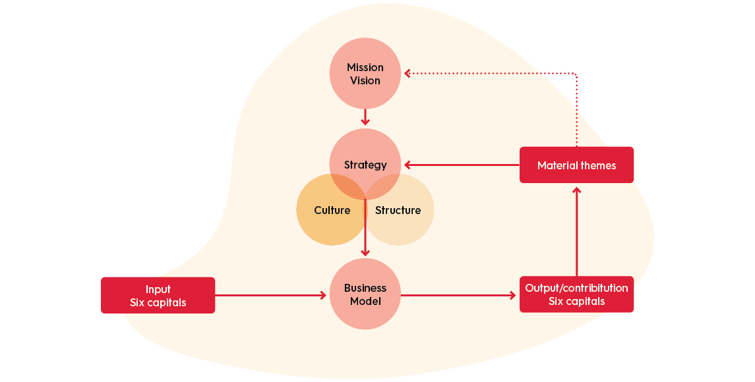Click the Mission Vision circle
(365, 74)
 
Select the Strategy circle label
(365, 165)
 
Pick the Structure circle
(402, 211)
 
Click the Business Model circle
(365, 294)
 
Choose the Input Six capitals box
(158, 295)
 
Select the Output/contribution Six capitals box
(576, 294)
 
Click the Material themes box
(576, 165)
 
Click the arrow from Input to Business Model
(270, 295)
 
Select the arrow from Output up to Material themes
(576, 231)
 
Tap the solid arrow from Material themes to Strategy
(462, 165)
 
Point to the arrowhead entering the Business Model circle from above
(365, 253)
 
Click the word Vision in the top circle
(365, 81)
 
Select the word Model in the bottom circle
(365, 302)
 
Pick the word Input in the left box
(158, 289)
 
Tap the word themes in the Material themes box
(597, 165)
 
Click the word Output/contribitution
(576, 288)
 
